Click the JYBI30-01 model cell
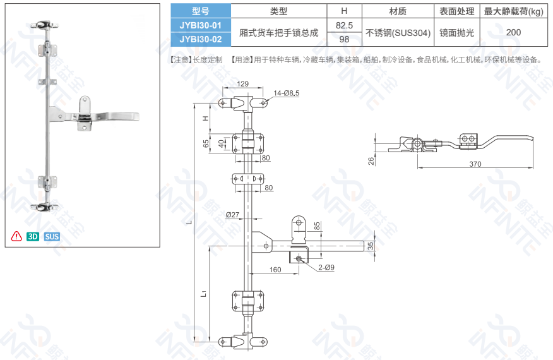[201, 25]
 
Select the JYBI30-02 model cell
[201, 39]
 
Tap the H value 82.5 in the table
[344, 25]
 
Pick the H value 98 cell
[344, 39]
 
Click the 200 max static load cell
[513, 32]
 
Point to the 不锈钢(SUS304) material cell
[398, 32]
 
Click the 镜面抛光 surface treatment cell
[456, 32]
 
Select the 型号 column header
[201, 11]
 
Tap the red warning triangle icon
[16, 236]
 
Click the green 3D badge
[33, 236]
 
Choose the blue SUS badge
[52, 236]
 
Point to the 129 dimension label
[242, 83]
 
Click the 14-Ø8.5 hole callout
[287, 93]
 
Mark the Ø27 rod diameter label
[232, 215]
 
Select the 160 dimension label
[275, 270]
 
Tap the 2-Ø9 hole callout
[326, 268]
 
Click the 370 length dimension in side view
[475, 164]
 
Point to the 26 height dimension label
[371, 161]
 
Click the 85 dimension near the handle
[317, 226]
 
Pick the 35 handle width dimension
[371, 246]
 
